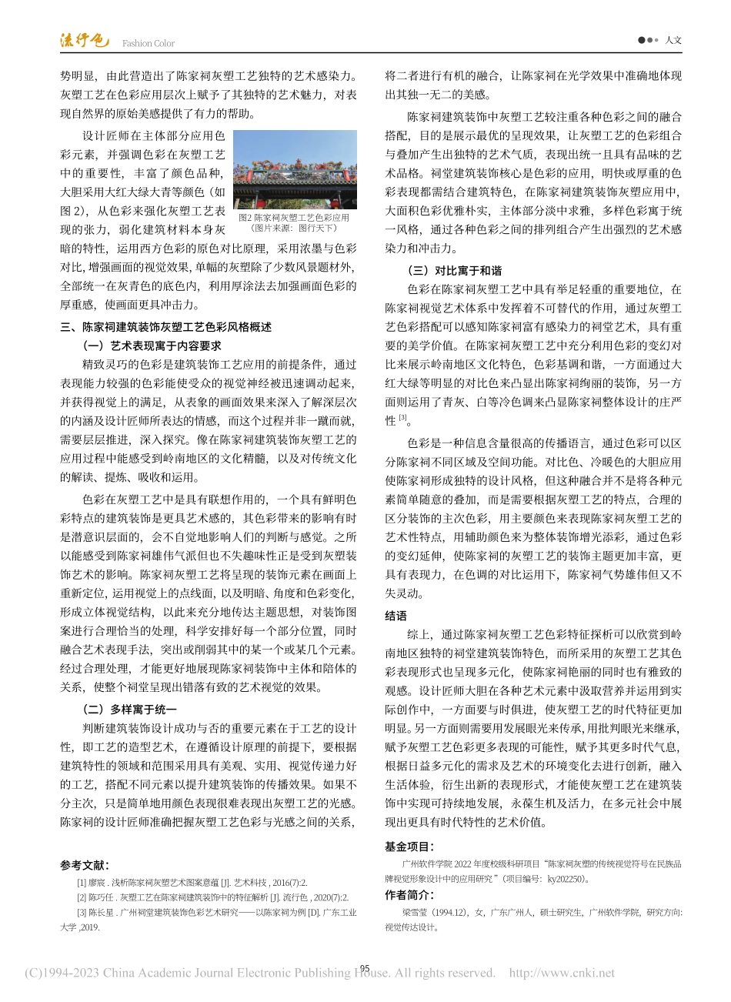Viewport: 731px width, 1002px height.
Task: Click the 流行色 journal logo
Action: pyautogui.click(x=85, y=41)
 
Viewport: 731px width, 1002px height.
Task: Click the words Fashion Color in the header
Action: pyautogui.click(x=149, y=44)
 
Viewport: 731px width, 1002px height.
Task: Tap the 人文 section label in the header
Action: pyautogui.click(x=673, y=40)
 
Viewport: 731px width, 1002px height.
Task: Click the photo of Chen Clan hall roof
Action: pyautogui.click(x=295, y=169)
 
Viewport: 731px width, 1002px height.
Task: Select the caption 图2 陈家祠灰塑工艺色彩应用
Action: pyautogui.click(x=294, y=217)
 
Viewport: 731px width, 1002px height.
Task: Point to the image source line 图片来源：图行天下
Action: pyautogui.click(x=294, y=228)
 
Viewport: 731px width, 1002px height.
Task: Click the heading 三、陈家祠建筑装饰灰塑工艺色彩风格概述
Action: pyautogui.click(x=166, y=327)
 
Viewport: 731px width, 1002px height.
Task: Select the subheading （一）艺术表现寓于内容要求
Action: pyautogui.click(x=152, y=346)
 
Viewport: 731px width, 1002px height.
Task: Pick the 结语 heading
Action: pyautogui.click(x=396, y=616)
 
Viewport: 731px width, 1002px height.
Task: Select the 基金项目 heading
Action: pyautogui.click(x=409, y=847)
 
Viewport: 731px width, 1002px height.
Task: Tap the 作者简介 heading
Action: pyautogui.click(x=409, y=895)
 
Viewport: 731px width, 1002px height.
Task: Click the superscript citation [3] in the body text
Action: pyautogui.click(x=402, y=419)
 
